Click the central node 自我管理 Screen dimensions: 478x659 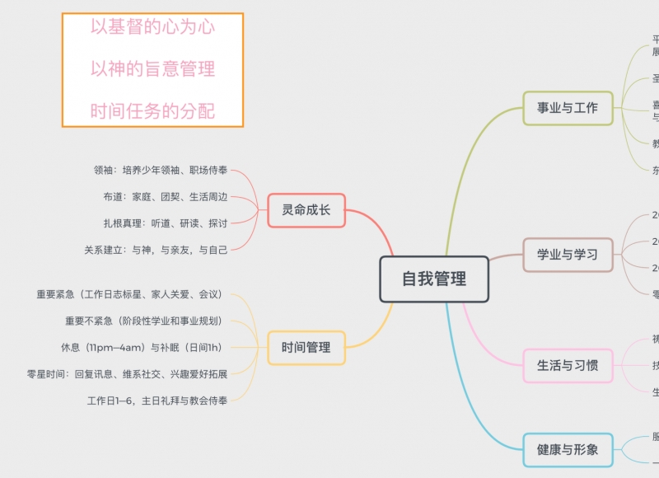click(434, 279)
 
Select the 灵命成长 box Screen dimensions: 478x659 click(306, 210)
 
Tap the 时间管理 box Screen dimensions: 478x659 click(306, 347)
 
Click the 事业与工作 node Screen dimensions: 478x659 click(568, 108)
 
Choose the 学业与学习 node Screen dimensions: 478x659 click(568, 255)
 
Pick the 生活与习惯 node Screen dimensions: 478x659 click(568, 365)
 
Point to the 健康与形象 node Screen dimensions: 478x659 click(568, 450)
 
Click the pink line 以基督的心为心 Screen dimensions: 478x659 click(152, 27)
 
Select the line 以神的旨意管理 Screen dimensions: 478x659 click(152, 69)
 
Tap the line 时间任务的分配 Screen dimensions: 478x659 click(152, 111)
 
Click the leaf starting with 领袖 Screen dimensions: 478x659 click(161, 171)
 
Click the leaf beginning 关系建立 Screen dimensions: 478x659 click(156, 249)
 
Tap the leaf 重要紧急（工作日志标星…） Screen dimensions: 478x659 click(129, 294)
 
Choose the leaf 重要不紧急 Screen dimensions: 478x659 click(143, 321)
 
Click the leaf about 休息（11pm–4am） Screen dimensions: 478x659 click(141, 347)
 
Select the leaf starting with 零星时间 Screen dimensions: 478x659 click(127, 373)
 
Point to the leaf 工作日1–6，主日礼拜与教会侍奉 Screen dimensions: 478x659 click(157, 400)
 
